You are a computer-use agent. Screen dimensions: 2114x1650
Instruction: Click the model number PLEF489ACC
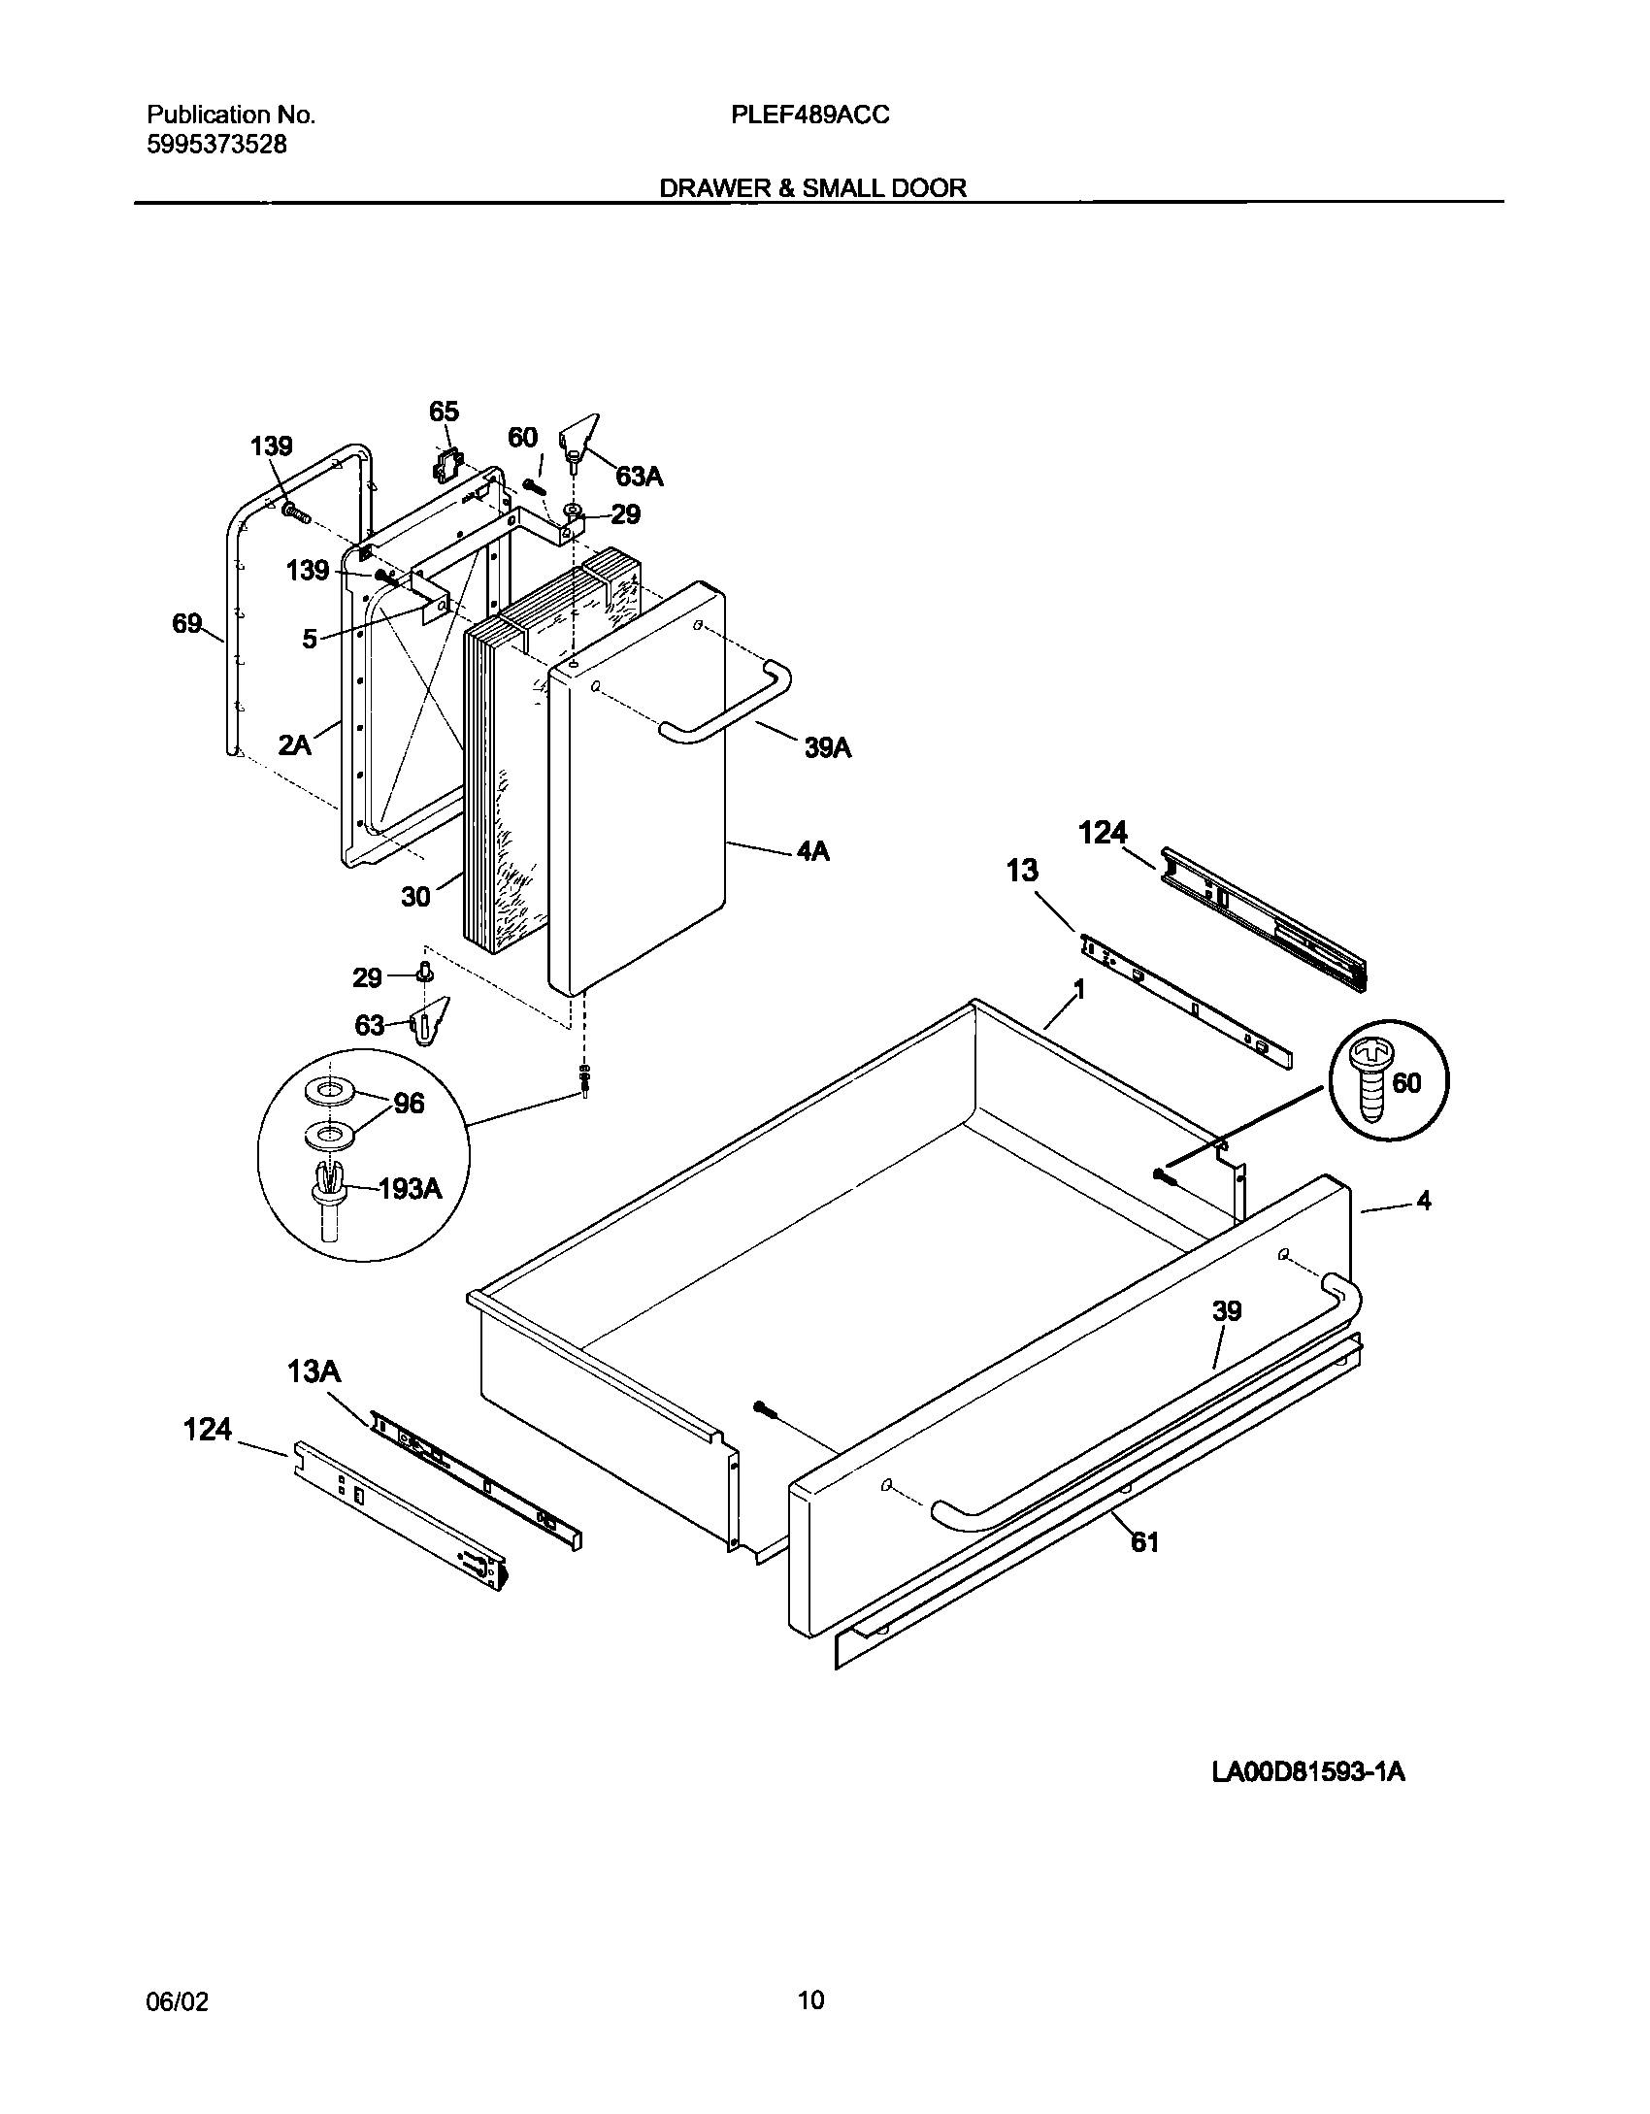click(809, 116)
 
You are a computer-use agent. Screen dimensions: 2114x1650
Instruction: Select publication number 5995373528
click(216, 145)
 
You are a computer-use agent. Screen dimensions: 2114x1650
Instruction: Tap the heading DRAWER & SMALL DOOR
click(813, 188)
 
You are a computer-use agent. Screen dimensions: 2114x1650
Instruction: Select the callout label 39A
click(827, 747)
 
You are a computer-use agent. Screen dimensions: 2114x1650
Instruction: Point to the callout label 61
click(1144, 1541)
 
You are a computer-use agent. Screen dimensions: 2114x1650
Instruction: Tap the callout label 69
click(186, 623)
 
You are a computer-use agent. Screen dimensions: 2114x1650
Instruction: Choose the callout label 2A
click(294, 745)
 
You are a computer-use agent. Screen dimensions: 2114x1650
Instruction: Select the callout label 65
click(444, 412)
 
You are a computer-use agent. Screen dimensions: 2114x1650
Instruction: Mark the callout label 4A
click(812, 851)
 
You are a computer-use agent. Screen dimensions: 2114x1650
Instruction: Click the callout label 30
click(415, 897)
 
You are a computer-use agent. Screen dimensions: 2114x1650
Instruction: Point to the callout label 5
click(310, 639)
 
